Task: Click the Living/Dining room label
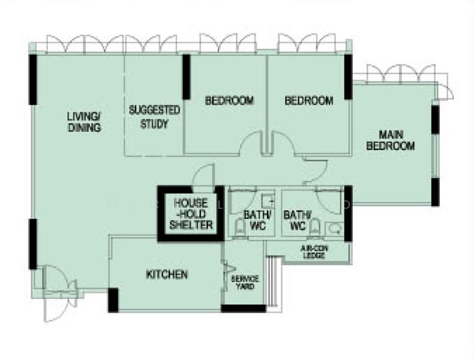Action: [85, 122]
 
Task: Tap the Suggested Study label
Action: [154, 117]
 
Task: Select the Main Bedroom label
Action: [390, 140]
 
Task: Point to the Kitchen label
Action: [167, 274]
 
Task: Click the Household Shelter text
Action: [191, 214]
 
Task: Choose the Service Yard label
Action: [245, 283]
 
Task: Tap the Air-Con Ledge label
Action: [314, 252]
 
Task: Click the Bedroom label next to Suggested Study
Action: [229, 100]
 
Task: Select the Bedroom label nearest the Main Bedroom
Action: [308, 100]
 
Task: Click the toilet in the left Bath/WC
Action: [241, 228]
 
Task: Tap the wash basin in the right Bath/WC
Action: [334, 229]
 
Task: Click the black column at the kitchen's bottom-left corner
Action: [113, 300]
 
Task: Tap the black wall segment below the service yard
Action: [244, 308]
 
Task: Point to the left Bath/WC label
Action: [257, 220]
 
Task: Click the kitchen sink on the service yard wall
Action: [228, 269]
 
